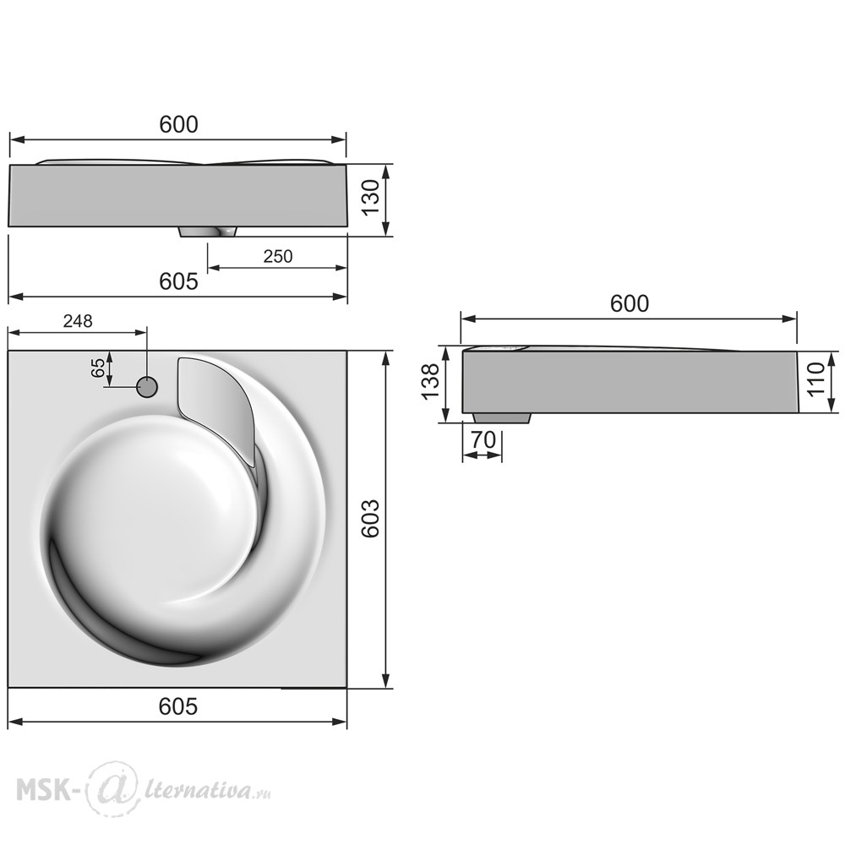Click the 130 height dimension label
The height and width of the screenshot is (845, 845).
click(370, 198)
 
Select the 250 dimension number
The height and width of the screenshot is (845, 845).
click(277, 256)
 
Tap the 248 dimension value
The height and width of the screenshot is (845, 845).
click(78, 321)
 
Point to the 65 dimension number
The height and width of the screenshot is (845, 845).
click(97, 368)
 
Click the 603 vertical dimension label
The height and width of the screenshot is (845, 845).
click(370, 519)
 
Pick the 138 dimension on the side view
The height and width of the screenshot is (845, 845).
click(430, 382)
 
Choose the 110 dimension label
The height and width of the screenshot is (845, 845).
click(816, 379)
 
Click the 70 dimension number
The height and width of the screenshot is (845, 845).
click(483, 440)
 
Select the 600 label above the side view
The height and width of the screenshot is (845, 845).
click(629, 304)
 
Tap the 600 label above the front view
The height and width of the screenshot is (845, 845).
click(178, 124)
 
